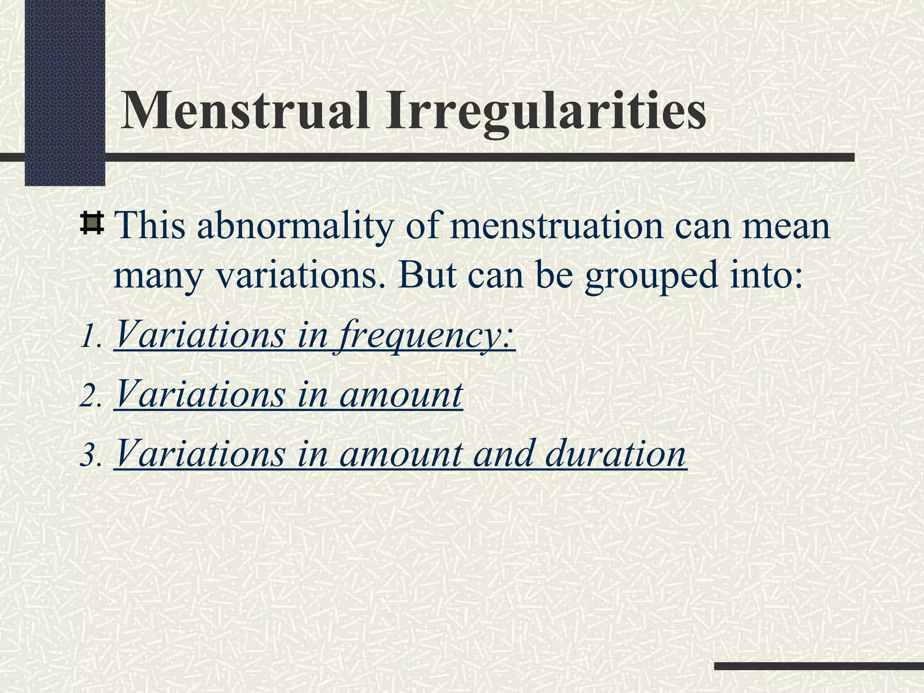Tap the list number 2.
point(89,397)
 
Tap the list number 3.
point(89,456)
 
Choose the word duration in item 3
point(615,454)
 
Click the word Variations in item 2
point(200,394)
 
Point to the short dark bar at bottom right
point(818,666)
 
